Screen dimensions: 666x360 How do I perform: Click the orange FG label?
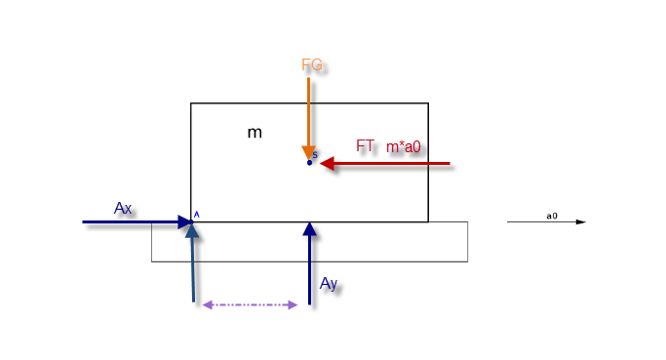(x=312, y=65)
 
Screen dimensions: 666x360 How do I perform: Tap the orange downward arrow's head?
(x=309, y=153)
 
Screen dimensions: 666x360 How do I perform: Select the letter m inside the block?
(x=255, y=133)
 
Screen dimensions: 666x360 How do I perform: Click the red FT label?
(x=365, y=145)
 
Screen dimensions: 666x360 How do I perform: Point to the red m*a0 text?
(x=403, y=147)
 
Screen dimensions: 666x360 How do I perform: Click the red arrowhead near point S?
(x=327, y=163)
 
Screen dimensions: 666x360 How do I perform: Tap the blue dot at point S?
(x=309, y=162)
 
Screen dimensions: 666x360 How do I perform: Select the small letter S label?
(x=315, y=155)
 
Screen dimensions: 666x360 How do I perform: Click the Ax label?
(x=123, y=208)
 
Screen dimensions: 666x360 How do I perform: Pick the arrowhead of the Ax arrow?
(x=184, y=221)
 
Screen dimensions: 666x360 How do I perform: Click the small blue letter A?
(x=196, y=215)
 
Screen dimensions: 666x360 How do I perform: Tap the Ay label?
(x=329, y=284)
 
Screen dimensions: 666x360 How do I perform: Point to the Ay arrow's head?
(x=310, y=228)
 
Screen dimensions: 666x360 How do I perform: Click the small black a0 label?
(x=552, y=216)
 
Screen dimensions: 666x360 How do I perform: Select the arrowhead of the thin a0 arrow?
(x=581, y=221)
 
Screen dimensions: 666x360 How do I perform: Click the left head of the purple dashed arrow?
(x=208, y=304)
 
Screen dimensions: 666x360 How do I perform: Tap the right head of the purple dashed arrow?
(x=293, y=304)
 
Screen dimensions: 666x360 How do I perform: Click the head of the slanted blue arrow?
(x=192, y=230)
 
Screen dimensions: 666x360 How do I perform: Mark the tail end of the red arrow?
(x=450, y=163)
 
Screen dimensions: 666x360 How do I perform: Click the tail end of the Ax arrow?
(x=83, y=221)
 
